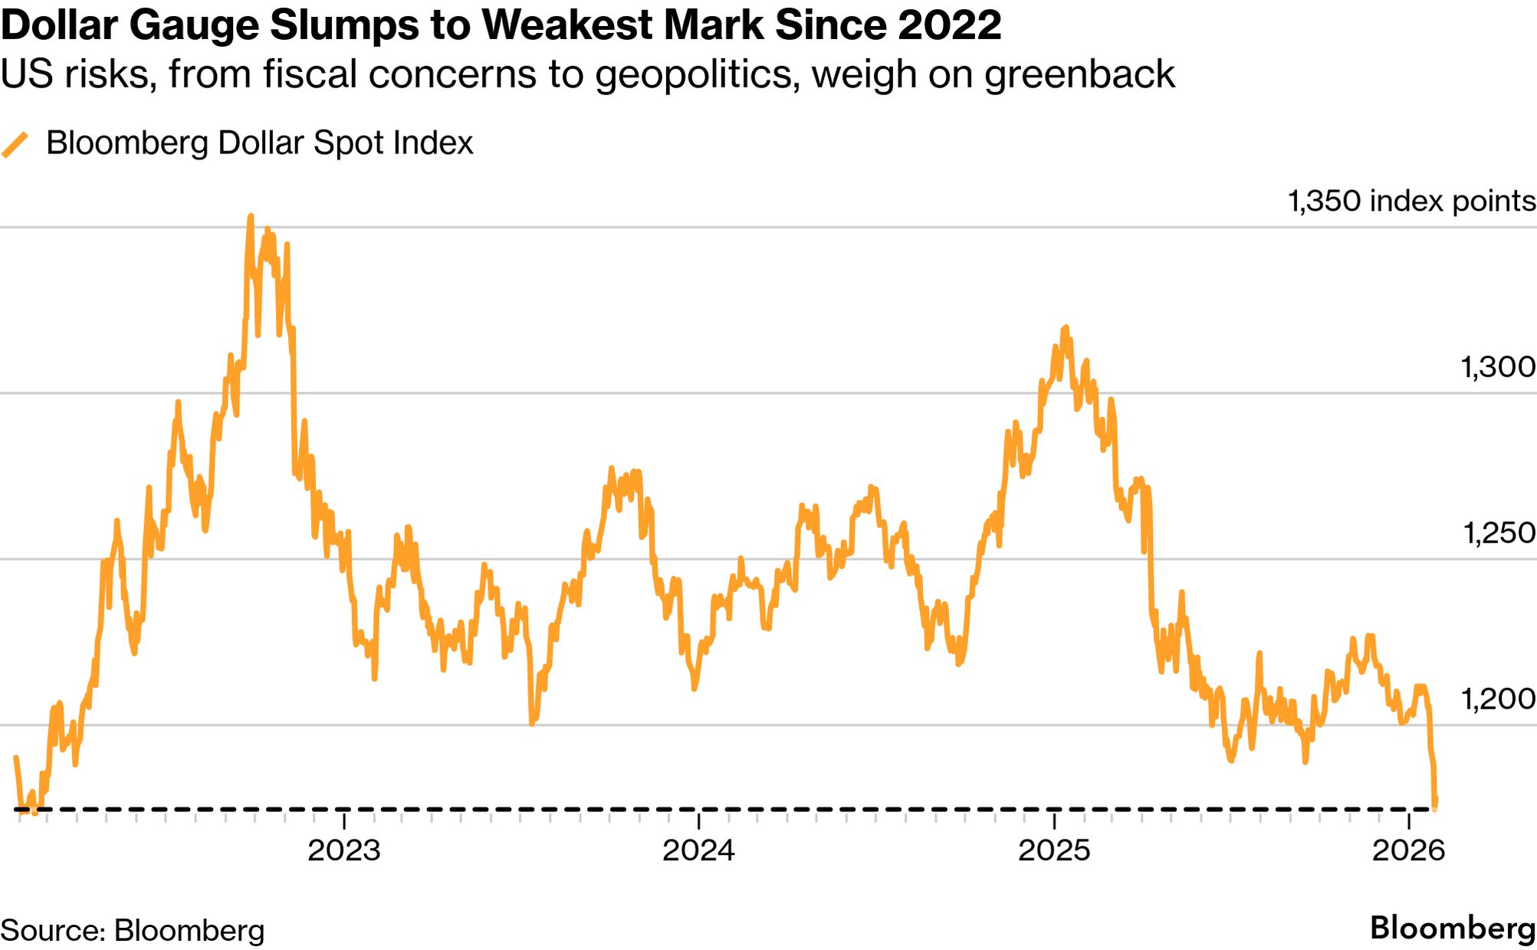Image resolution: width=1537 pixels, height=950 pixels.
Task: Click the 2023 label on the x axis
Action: (x=343, y=850)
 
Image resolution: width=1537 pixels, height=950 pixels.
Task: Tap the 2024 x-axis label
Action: (x=698, y=850)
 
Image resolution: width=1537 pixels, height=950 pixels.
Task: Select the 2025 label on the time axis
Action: (x=1054, y=850)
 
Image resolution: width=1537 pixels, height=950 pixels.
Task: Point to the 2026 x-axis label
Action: (x=1409, y=850)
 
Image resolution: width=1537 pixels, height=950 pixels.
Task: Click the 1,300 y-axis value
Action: (x=1498, y=367)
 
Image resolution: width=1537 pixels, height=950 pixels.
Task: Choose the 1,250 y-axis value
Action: (x=1499, y=533)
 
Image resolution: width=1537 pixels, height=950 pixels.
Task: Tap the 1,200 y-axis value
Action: (x=1498, y=699)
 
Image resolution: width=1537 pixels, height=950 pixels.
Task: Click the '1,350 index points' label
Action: (x=1411, y=201)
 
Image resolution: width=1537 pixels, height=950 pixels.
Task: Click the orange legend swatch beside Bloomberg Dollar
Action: (x=15, y=144)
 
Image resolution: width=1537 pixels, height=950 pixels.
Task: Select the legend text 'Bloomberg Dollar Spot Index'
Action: (x=259, y=143)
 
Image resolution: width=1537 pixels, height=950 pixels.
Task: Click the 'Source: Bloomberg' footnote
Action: (x=132, y=930)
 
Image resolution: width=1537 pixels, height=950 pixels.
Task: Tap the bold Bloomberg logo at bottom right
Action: (x=1453, y=928)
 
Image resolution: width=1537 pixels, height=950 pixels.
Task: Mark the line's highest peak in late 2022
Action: (x=251, y=217)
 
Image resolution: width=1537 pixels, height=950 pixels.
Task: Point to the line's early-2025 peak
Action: (x=1066, y=327)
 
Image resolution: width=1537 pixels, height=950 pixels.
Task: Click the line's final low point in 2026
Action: (x=1434, y=807)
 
